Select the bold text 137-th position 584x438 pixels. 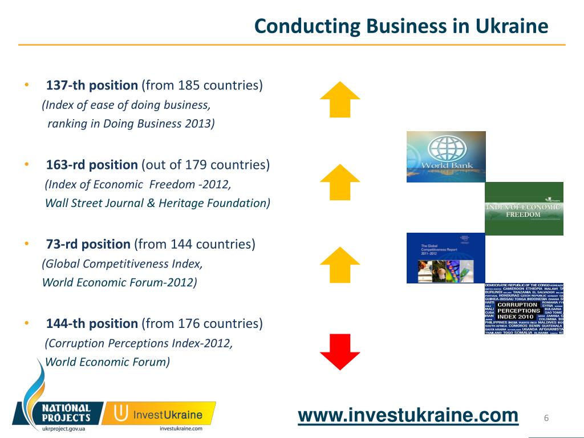pyautogui.click(x=92, y=86)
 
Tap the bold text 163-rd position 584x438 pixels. pyautogui.click(x=92, y=165)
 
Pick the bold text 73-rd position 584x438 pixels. pyautogui.click(x=88, y=245)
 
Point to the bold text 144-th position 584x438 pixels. pyautogui.click(x=92, y=324)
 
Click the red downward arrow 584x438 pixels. pyautogui.click(x=340, y=351)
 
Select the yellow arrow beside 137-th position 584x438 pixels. pyautogui.click(x=340, y=99)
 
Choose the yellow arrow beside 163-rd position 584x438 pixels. pyautogui.click(x=340, y=182)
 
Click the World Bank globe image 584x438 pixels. pyautogui.click(x=446, y=157)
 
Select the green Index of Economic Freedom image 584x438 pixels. pyautogui.click(x=524, y=209)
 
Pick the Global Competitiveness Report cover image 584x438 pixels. pyautogui.click(x=445, y=258)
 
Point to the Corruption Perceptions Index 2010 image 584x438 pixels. pyautogui.click(x=524, y=309)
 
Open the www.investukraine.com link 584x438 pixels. pyautogui.click(x=408, y=416)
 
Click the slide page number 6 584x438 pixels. pyautogui.click(x=546, y=419)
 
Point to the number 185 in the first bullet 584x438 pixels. pyautogui.click(x=189, y=86)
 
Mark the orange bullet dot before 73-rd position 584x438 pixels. pyautogui.click(x=27, y=244)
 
